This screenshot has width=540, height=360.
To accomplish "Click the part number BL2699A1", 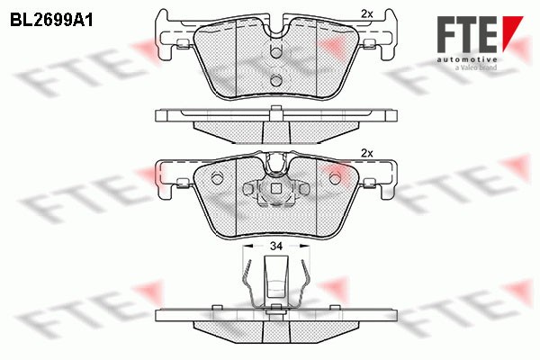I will pyautogui.click(x=52, y=17).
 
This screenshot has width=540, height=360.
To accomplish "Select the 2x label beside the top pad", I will pyautogui.click(x=366, y=13).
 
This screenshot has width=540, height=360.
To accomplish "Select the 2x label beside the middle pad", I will pyautogui.click(x=366, y=152).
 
